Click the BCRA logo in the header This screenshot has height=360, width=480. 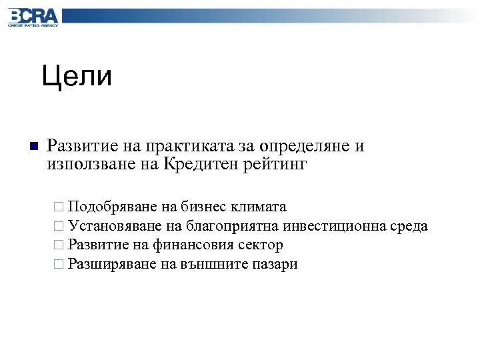33,17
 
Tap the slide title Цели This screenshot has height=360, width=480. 77,77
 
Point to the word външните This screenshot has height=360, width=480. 213,265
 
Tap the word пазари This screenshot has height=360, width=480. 275,265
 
